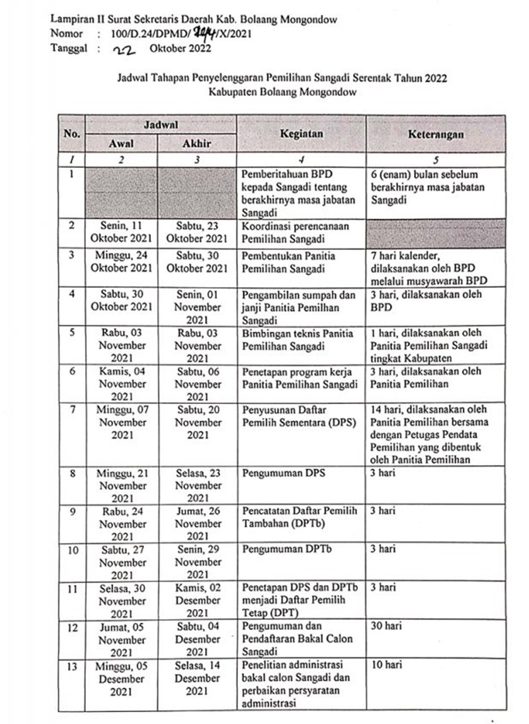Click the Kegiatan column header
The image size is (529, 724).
[301, 133]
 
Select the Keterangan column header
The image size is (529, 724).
[435, 134]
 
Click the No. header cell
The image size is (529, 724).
[71, 133]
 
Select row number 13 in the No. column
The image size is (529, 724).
[71, 666]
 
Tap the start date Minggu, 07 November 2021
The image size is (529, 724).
[122, 422]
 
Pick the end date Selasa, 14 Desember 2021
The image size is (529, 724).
[197, 678]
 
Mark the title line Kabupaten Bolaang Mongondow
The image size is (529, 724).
[282, 93]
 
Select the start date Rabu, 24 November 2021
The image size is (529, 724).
[122, 523]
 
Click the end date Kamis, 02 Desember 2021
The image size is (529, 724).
[197, 600]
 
